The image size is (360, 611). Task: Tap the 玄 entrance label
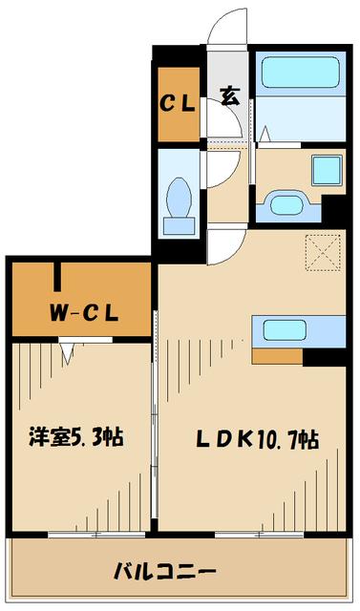tap(229, 95)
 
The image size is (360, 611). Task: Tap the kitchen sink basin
tap(284, 331)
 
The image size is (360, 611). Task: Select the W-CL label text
tap(84, 311)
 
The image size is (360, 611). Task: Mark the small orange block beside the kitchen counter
tap(277, 357)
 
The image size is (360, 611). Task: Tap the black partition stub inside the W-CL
tap(58, 274)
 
